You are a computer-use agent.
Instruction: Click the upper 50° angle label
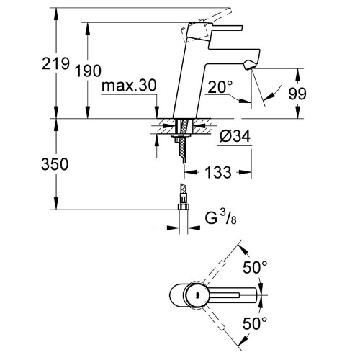(x=255, y=268)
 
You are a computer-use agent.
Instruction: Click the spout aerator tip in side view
(x=248, y=66)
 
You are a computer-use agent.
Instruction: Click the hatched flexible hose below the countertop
(x=181, y=148)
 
